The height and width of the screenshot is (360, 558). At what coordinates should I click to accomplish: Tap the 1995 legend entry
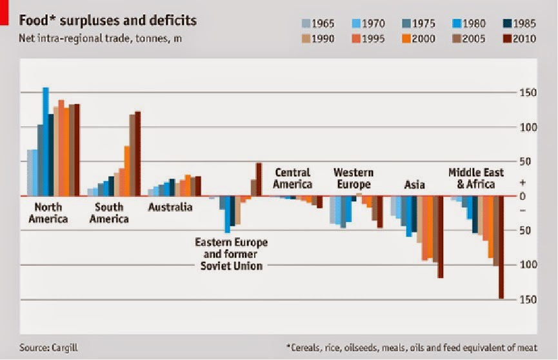click(x=367, y=39)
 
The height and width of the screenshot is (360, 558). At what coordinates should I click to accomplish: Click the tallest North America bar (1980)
click(x=46, y=142)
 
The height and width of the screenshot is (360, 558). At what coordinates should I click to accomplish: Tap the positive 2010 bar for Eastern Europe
click(x=259, y=179)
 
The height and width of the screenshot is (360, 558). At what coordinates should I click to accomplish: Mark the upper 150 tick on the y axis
click(x=529, y=93)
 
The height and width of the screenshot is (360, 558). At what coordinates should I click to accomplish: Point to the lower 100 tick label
click(x=529, y=265)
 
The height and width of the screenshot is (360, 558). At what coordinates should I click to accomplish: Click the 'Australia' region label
click(x=170, y=207)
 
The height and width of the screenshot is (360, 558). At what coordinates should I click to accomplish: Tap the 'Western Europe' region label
click(x=353, y=179)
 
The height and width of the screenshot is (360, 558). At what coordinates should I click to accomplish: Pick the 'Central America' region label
click(x=292, y=179)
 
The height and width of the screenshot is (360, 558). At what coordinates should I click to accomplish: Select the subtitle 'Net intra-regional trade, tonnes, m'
click(x=100, y=38)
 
